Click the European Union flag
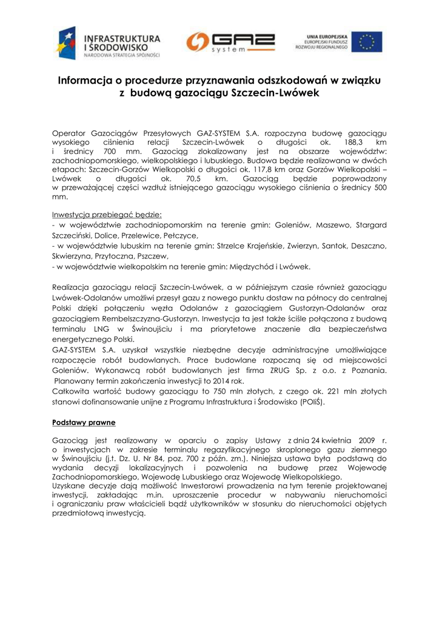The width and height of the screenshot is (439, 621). (370, 42)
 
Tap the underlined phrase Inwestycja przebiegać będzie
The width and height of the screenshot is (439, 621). (107, 215)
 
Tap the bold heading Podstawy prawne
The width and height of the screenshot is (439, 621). (84, 421)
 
